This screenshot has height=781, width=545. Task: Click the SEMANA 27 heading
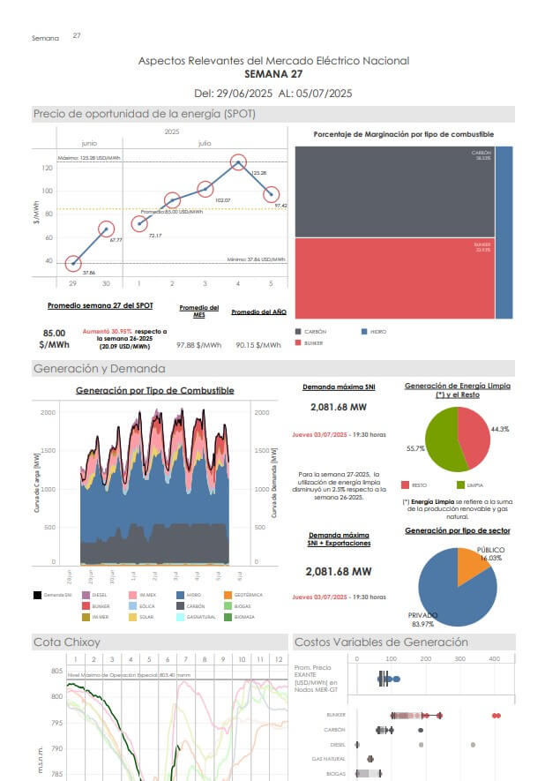(272, 74)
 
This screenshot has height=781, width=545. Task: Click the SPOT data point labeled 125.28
(238, 162)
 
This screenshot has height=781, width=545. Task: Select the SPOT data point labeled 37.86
(73, 263)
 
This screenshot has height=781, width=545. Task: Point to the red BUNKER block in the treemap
(393, 278)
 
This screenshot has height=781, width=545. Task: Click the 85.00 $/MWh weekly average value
(54, 339)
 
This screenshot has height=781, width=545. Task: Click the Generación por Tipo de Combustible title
(154, 390)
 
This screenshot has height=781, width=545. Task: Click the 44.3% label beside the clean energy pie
(500, 428)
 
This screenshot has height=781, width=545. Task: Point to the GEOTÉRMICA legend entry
(248, 595)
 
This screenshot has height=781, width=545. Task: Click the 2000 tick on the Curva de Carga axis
(47, 412)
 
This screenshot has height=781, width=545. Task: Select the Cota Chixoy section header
(67, 642)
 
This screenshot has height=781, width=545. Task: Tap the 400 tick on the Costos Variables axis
(494, 658)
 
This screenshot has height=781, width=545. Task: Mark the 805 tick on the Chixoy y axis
(56, 672)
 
